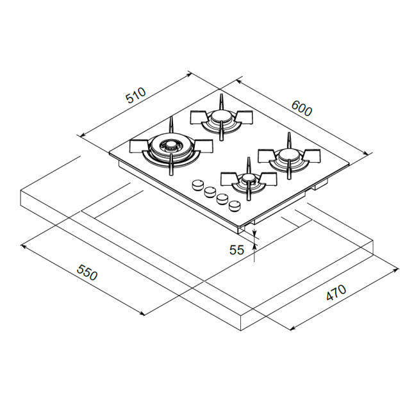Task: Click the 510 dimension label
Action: pos(136,96)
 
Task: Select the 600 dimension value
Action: pos(301,108)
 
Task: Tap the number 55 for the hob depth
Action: pos(237,250)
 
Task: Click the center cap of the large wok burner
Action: pos(171,145)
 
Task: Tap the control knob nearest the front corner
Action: pos(235,206)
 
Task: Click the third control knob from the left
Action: pos(222,199)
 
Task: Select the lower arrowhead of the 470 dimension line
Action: pos(292,329)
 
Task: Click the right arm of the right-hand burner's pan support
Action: pos(312,154)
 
